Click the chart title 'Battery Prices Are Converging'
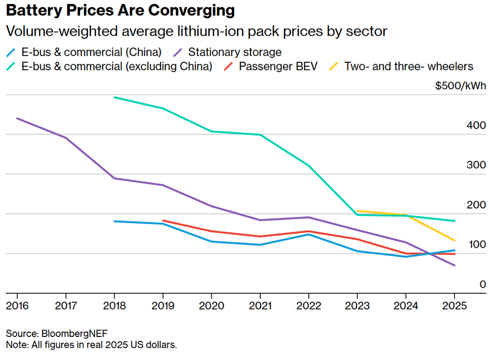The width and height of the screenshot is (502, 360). (120, 10)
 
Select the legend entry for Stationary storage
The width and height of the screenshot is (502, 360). (234, 52)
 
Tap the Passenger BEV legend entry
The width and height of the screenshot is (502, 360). (278, 66)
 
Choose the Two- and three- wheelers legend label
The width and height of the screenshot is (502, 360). (408, 66)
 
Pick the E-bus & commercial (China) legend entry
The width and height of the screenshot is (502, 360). (91, 52)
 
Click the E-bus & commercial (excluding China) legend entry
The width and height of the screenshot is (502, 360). (117, 66)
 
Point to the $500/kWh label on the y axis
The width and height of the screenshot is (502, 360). (460, 86)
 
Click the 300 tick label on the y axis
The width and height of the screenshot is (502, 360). (476, 165)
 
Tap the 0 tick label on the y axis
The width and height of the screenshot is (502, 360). (482, 284)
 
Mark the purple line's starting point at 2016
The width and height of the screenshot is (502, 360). (17, 118)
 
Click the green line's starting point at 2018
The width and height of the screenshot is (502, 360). (114, 97)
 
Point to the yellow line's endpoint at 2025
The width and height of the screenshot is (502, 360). (454, 240)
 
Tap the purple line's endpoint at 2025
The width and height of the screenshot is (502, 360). (454, 265)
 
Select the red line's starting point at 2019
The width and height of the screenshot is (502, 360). (163, 221)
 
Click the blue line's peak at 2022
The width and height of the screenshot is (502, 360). (308, 234)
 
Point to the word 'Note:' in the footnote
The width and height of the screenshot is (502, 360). (17, 344)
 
